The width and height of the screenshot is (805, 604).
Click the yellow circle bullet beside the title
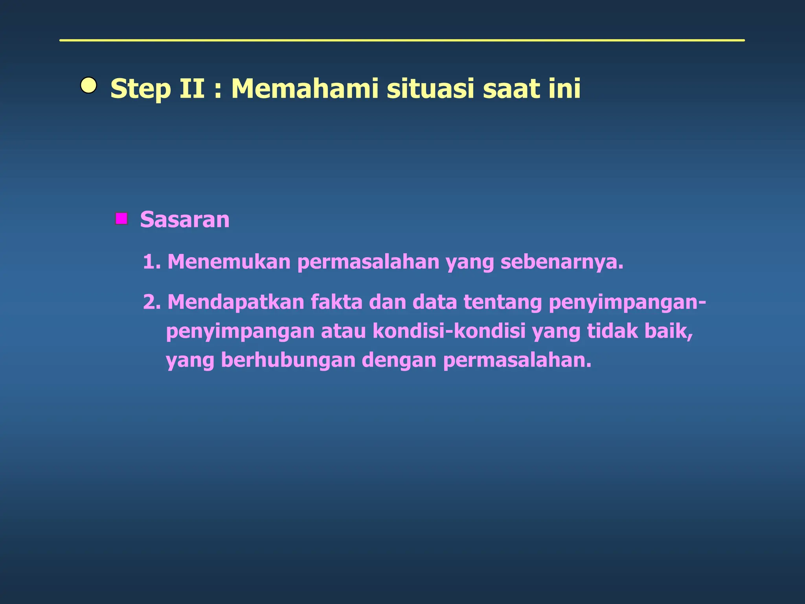[x=88, y=85]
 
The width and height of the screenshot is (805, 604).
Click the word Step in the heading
[x=141, y=89]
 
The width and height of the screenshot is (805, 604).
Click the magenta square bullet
[x=121, y=218]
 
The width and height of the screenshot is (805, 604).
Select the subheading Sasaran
[x=185, y=219]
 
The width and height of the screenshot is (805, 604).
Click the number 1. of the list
[x=152, y=262]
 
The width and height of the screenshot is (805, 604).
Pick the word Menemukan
[x=229, y=262]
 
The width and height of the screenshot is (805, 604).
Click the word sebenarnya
[x=562, y=262]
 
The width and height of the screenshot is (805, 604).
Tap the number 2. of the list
[x=152, y=302]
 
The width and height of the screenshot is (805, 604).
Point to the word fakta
[x=336, y=302]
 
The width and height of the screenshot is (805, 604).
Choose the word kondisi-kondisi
[x=449, y=331]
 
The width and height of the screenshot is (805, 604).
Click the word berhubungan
[x=288, y=360]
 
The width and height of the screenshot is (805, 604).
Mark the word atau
[x=343, y=331]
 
